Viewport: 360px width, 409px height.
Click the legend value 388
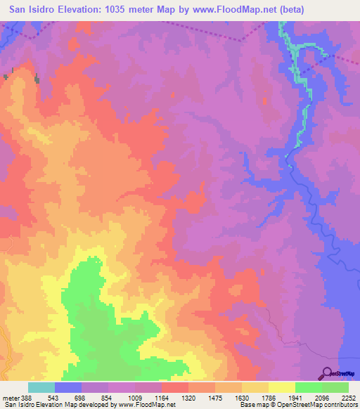coord(27,397)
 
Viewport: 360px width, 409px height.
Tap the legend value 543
coord(52,397)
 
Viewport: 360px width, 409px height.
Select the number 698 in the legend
coord(79,397)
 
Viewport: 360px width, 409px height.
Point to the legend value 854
coord(106,397)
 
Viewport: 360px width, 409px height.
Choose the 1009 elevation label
coord(134,397)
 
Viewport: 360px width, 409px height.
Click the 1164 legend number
coord(160,397)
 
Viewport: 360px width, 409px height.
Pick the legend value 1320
coord(187,397)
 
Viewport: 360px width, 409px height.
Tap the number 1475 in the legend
coord(214,397)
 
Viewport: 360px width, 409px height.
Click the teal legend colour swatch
coord(41,387)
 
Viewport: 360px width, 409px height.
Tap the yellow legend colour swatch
coord(282,387)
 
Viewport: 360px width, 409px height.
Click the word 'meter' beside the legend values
coord(10,397)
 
